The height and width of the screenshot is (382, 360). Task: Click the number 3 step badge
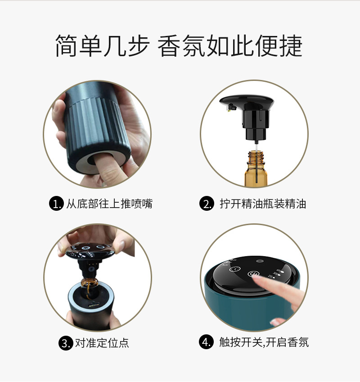(x=65, y=343)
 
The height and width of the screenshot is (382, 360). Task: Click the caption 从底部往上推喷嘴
(x=109, y=204)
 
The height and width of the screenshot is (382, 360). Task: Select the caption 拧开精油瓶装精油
(x=263, y=204)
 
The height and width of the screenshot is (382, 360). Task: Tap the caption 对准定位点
(x=102, y=343)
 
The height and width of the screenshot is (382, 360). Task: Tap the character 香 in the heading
(x=169, y=46)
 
